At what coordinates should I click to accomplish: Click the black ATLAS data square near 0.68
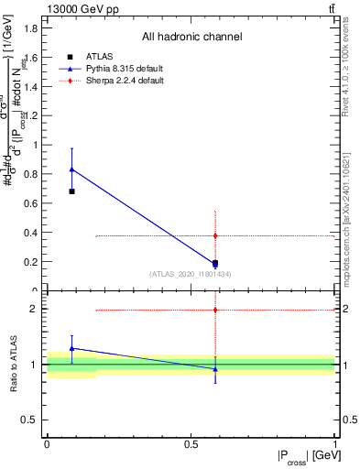pos(71,191)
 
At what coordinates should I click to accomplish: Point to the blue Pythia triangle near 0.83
pos(71,169)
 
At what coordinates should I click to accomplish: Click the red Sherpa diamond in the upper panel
pos(214,235)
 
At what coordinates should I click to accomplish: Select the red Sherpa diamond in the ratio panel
pos(214,310)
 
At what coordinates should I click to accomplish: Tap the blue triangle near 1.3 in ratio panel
pos(71,348)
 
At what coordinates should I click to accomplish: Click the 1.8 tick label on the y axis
pos(30,27)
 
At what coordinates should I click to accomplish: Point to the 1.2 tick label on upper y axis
pos(30,115)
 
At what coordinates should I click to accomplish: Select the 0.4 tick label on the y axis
pos(30,233)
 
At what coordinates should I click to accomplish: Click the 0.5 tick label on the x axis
pos(191,443)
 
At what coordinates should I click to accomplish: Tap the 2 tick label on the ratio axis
pos(36,309)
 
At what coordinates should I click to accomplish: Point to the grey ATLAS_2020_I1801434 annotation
pos(191,274)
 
